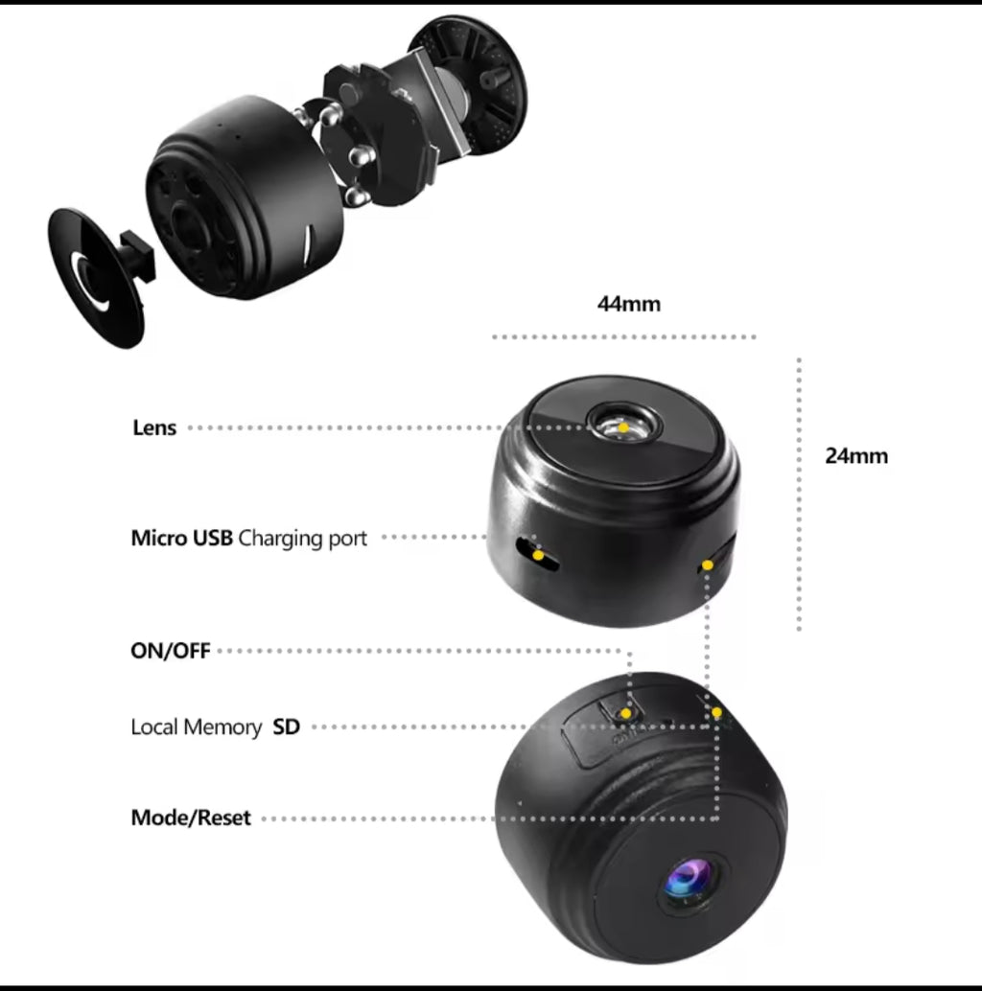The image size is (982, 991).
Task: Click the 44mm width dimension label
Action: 629,305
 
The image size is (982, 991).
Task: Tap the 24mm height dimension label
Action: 856,456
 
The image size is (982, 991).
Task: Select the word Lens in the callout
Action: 154,427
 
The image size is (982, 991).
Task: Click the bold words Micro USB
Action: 181,538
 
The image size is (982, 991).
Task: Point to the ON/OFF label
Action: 170,651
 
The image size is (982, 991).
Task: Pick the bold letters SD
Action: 286,727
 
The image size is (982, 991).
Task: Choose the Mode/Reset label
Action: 191,818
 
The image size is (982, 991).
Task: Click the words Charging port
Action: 302,538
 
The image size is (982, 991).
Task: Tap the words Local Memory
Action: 196,727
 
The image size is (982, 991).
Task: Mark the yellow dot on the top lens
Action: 623,426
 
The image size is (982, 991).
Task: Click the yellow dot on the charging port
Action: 539,555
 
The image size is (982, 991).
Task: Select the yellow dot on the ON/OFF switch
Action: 625,713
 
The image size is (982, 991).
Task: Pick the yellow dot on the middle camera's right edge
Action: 708,565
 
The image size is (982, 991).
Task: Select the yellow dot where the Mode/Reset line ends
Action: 716,712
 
